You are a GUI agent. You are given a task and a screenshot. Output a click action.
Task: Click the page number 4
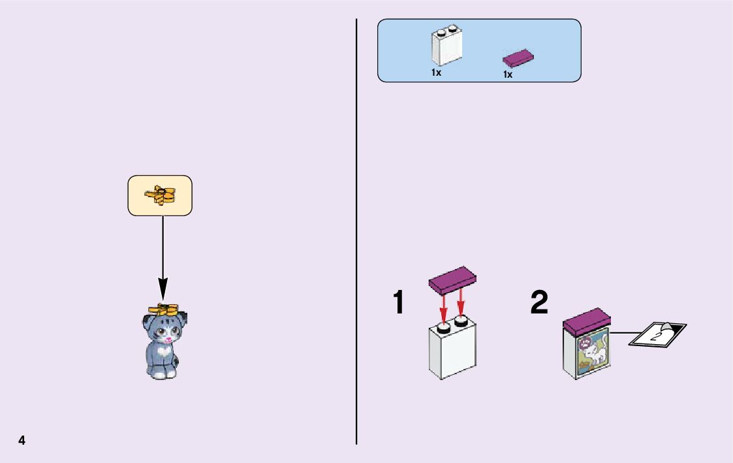[x=22, y=440]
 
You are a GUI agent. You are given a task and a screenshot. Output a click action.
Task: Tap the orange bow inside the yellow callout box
[x=161, y=195]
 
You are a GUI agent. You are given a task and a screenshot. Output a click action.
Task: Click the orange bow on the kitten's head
[x=163, y=309]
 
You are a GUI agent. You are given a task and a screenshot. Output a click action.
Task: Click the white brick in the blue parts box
[x=446, y=47]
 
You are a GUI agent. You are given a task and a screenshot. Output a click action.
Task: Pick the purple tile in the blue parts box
[x=519, y=59]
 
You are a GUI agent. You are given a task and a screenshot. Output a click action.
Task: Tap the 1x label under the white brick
[x=436, y=73]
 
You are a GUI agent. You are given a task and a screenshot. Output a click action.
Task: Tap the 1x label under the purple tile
[x=508, y=74]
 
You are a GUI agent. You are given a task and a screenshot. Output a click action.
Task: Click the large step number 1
[x=398, y=303]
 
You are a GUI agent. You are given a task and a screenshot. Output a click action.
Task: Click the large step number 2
[x=539, y=303]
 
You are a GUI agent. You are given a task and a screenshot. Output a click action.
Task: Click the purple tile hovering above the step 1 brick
[x=452, y=279]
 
